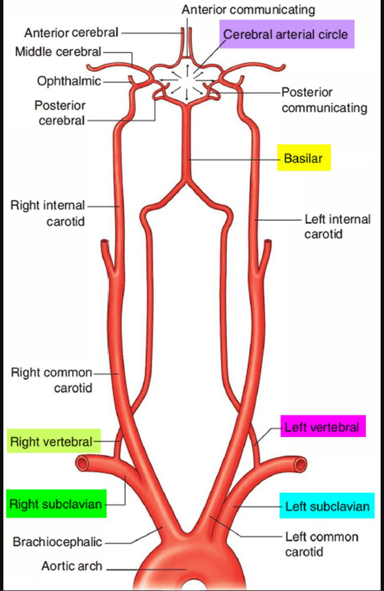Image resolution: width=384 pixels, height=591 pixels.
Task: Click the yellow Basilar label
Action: tap(304, 158)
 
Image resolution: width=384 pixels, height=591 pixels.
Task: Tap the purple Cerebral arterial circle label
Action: tap(287, 34)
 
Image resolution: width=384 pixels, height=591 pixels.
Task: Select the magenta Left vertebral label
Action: tap(323, 426)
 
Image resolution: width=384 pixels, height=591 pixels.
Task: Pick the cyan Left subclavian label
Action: tap(327, 506)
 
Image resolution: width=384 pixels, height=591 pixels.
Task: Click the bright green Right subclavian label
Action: tap(56, 504)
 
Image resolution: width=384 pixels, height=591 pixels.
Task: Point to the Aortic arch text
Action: tap(72, 566)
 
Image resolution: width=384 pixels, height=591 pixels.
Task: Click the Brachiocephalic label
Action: tap(57, 542)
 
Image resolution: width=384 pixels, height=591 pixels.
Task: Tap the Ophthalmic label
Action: tap(69, 81)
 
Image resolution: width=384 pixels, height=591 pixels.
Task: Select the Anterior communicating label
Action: tap(248, 10)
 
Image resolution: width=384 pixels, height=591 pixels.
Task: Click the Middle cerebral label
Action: tap(58, 51)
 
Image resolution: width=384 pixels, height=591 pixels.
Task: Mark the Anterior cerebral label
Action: tap(72, 33)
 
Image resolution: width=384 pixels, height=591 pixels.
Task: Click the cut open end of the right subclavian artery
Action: tap(82, 463)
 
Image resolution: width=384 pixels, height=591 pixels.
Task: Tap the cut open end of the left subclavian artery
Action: tap(301, 464)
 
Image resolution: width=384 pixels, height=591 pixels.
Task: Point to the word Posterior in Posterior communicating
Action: tap(307, 92)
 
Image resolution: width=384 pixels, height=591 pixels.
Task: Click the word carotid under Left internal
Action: tap(324, 234)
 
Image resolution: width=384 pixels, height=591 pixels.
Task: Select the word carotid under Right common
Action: tap(73, 388)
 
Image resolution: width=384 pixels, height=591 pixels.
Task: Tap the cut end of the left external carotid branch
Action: tap(268, 242)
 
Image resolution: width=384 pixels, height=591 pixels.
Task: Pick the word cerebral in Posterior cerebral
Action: tap(62, 120)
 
